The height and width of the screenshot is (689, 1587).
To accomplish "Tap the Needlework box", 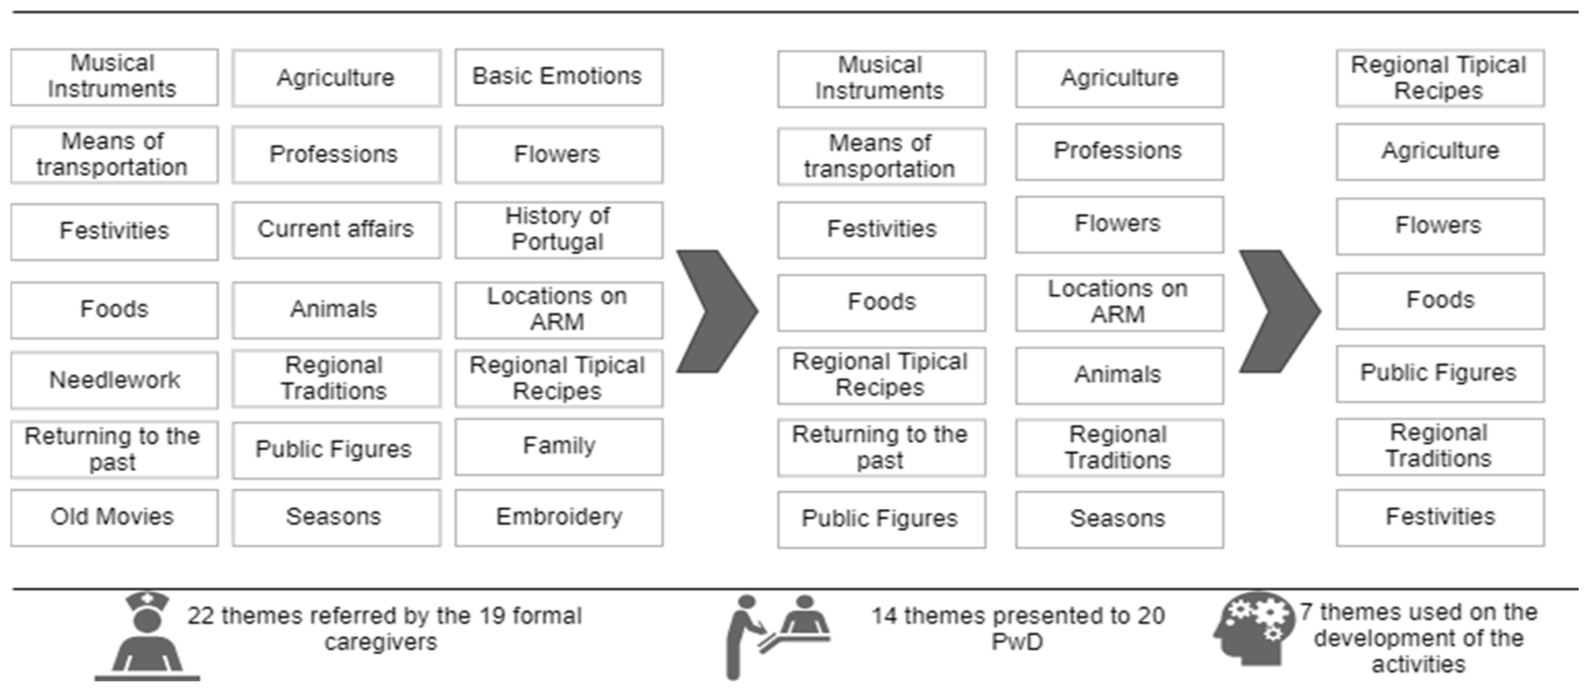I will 115,380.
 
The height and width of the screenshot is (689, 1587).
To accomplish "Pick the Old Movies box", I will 115,517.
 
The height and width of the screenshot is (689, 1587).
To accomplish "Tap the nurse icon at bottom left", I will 147,635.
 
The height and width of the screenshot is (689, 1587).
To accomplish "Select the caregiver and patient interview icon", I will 776,635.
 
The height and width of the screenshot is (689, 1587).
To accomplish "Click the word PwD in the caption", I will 1017,642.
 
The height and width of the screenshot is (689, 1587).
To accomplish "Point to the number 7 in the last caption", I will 1306,613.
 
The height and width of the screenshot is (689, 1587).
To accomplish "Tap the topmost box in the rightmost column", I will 1440,78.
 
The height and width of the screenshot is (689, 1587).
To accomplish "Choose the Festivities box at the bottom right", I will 1440,517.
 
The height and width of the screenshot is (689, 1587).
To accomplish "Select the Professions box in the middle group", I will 1119,151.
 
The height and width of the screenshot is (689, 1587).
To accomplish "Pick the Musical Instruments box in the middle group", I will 881,78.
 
